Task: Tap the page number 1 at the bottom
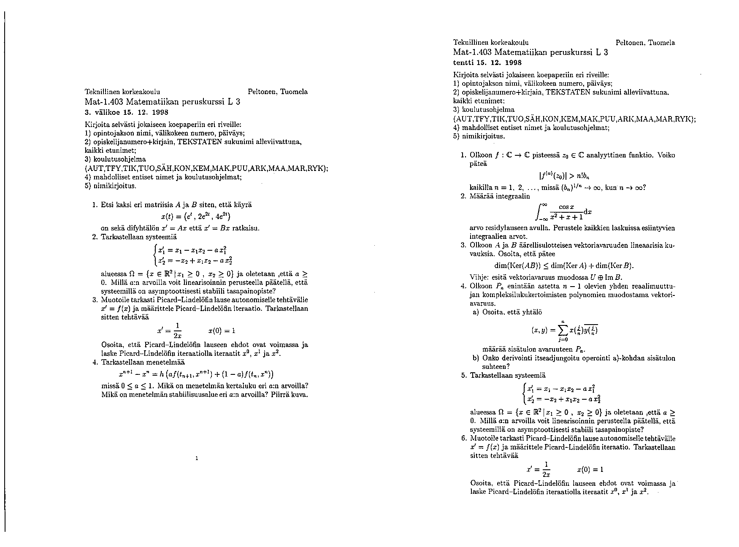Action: (x=197, y=458)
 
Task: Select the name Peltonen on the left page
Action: (x=262, y=92)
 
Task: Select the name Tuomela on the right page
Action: (x=661, y=43)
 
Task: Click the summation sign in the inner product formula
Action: (x=563, y=329)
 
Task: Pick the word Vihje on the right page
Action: (x=479, y=277)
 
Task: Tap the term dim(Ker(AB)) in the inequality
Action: (x=517, y=266)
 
